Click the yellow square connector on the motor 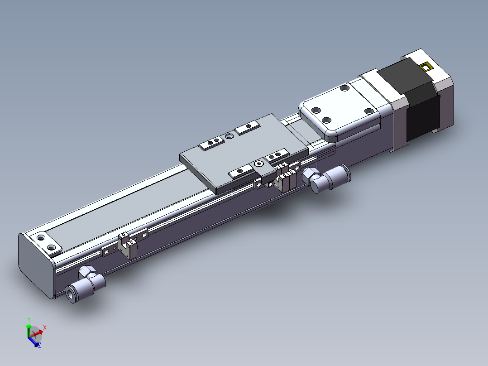(426, 67)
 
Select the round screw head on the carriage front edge (258, 164)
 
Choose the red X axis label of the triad (45, 327)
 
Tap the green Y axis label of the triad (29, 319)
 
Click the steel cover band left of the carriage (136, 209)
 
